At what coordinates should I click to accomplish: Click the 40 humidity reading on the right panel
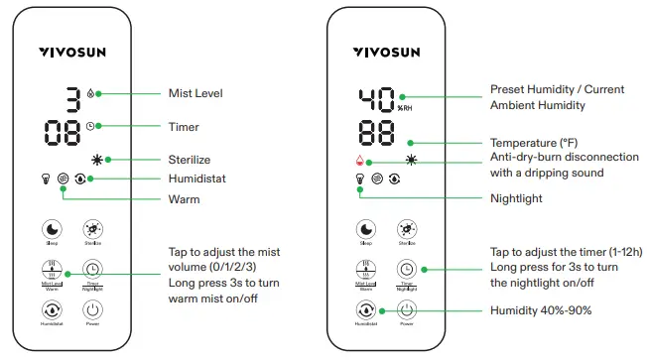[378, 99]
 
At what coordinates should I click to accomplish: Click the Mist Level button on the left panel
[50, 269]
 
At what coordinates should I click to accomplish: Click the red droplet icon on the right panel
[360, 161]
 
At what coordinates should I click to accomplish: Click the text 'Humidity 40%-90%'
[542, 310]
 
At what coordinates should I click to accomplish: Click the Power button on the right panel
[405, 310]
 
